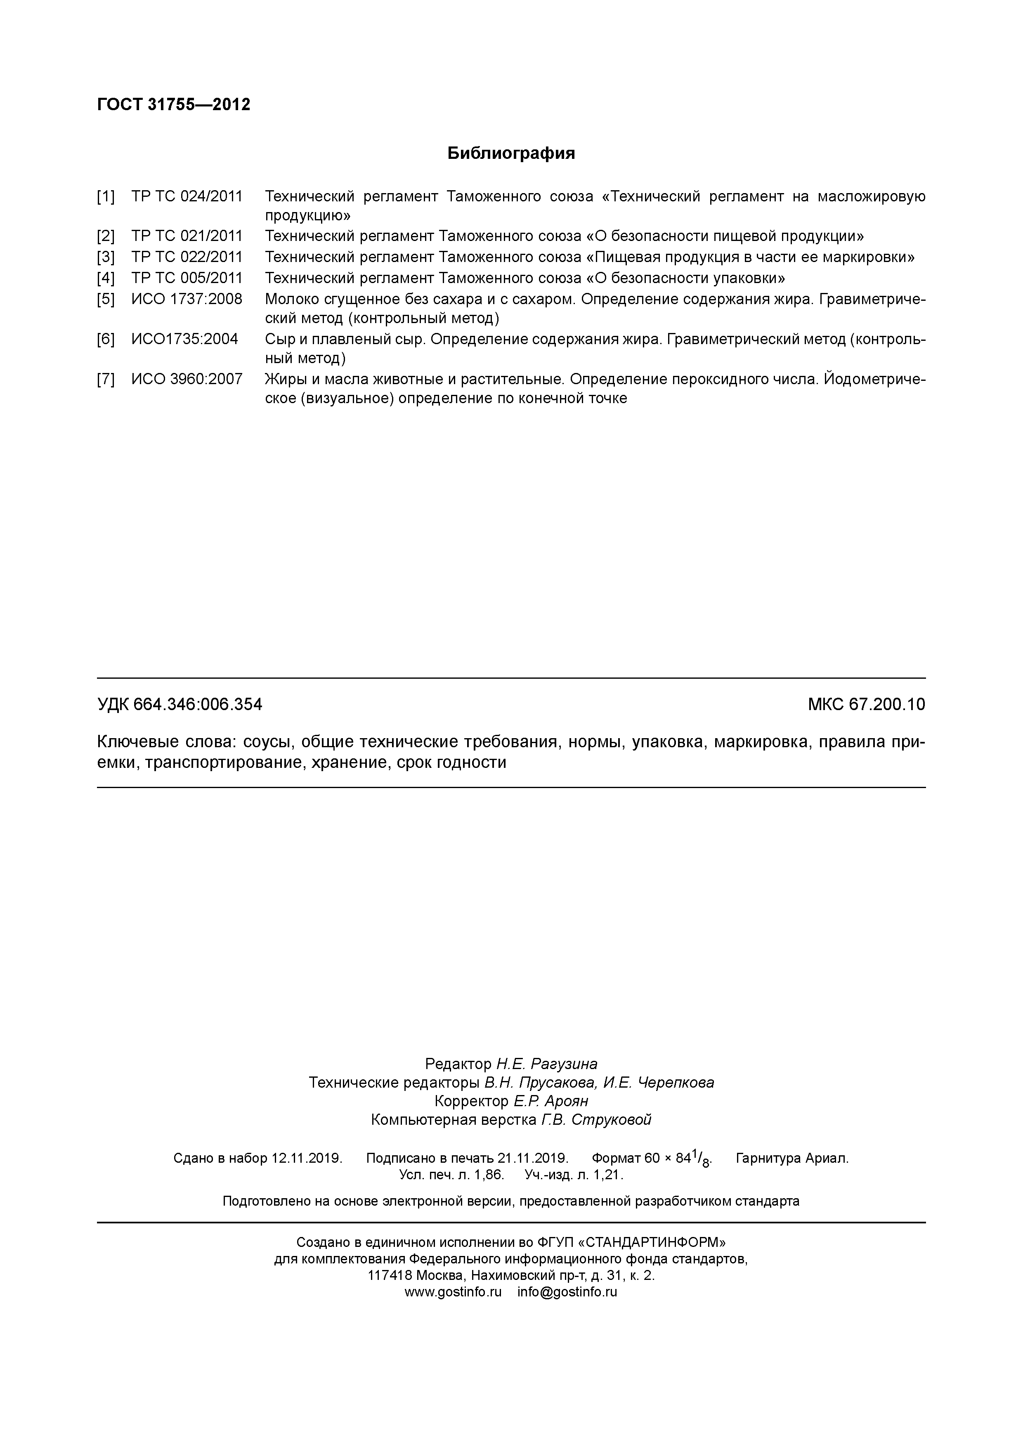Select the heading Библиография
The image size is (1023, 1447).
point(511,153)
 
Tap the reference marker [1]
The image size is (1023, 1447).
point(106,197)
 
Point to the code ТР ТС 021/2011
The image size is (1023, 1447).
point(187,236)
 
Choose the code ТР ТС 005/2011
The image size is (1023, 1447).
point(187,278)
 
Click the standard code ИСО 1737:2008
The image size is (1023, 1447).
point(187,299)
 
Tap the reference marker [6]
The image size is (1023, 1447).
point(106,339)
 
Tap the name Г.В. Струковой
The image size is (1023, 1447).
point(595,1119)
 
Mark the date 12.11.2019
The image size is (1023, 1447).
point(306,1158)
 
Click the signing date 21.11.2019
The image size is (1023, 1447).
point(533,1158)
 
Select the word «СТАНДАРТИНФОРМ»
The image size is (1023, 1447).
point(652,1242)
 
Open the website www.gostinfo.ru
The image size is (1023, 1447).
point(453,1292)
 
